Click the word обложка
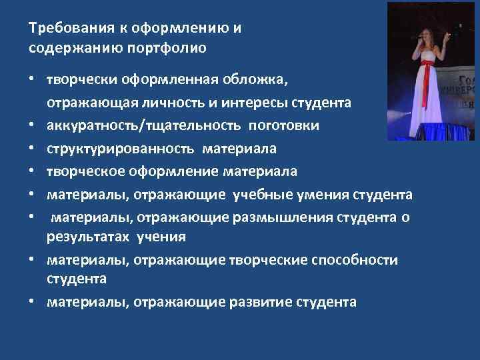[x=261, y=81]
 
